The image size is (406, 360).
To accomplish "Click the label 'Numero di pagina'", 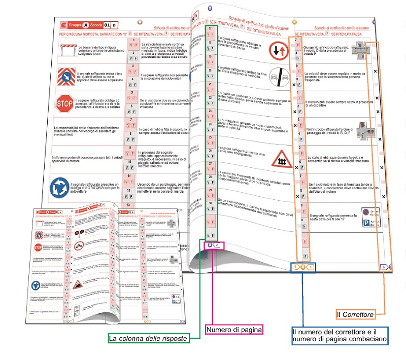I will (234, 330).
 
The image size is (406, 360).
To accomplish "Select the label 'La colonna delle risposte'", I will (148, 338).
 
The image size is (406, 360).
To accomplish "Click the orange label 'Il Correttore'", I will (355, 314).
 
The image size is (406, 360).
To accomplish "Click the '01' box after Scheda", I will (107, 24).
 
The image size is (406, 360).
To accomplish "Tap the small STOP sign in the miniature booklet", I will (38, 247).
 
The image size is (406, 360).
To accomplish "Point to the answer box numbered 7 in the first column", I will (131, 121).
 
